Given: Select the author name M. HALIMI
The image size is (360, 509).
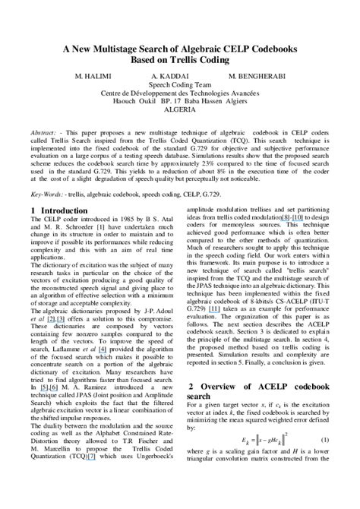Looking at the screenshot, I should coord(94,78).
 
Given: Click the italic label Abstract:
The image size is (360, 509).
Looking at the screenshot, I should coord(44,132).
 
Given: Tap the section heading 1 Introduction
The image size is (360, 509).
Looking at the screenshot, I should coord(59,210).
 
